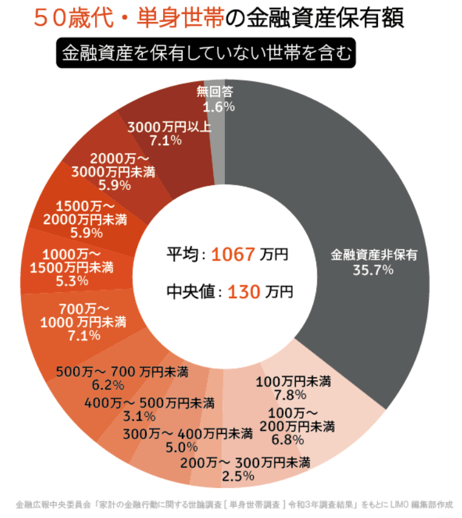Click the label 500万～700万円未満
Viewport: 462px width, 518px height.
point(121,371)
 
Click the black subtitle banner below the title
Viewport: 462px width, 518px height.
point(206,53)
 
